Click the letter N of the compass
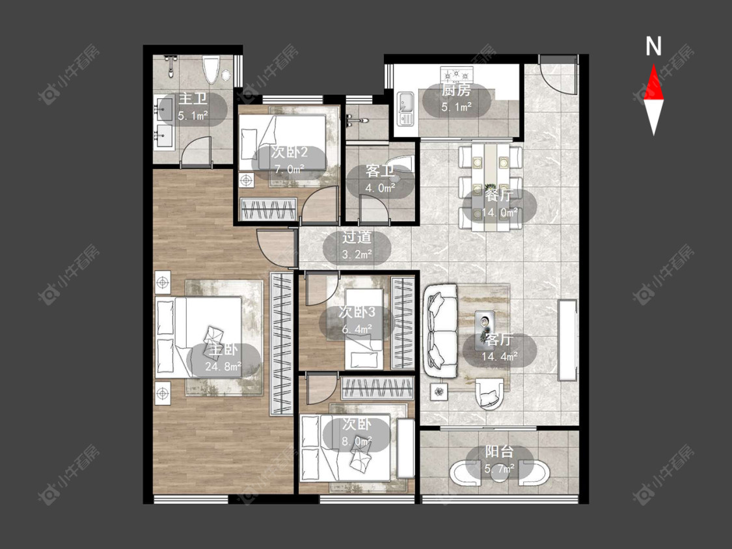click(x=653, y=46)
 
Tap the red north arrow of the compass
click(x=653, y=83)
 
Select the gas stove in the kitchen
click(x=457, y=74)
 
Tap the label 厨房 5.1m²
click(x=456, y=98)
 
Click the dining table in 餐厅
click(x=490, y=187)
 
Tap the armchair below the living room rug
click(x=490, y=394)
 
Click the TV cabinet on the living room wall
click(x=568, y=340)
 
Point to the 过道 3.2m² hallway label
click(x=357, y=246)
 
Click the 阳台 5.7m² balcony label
click(x=499, y=460)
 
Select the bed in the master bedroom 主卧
click(x=199, y=336)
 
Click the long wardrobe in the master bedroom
click(x=282, y=344)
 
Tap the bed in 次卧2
click(x=282, y=142)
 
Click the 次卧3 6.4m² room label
click(x=357, y=320)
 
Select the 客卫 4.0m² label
click(x=380, y=180)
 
